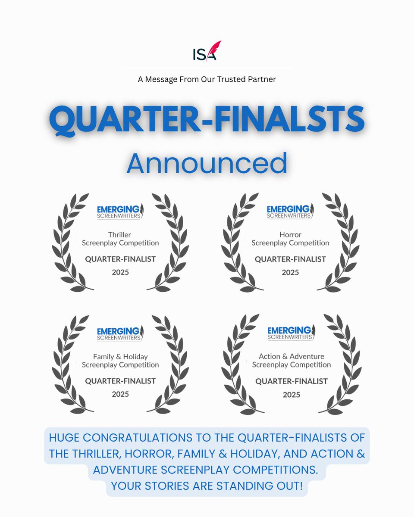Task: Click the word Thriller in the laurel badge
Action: (120, 235)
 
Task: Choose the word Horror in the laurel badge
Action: (290, 235)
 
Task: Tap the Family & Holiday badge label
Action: (120, 357)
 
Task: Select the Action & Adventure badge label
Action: (291, 357)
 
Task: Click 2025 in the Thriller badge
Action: (120, 272)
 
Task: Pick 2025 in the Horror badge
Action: (290, 272)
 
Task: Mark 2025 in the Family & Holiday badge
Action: (120, 394)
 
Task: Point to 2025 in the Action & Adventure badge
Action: (291, 394)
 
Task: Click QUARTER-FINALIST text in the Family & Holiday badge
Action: (120, 381)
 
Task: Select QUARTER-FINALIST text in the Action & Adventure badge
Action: (291, 381)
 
